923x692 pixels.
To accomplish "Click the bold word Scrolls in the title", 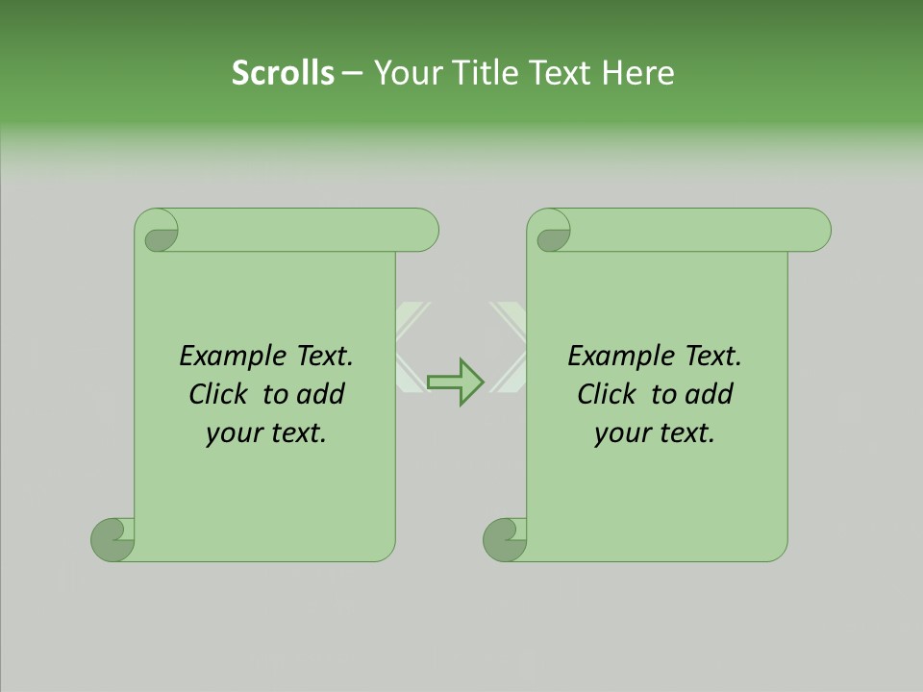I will pyautogui.click(x=283, y=73).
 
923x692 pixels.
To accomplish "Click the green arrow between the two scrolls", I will pyautogui.click(x=456, y=382).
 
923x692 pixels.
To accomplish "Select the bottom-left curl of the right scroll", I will pyautogui.click(x=506, y=538).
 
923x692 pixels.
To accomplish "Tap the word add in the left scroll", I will pyautogui.click(x=321, y=394).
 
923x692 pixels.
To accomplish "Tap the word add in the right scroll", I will pyautogui.click(x=710, y=394).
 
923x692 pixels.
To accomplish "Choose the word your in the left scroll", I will pyautogui.click(x=232, y=433).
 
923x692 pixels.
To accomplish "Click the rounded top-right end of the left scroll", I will pyautogui.click(x=424, y=230).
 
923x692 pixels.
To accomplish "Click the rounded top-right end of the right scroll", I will pyautogui.click(x=816, y=230).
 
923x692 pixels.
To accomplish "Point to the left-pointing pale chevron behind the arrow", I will pyautogui.click(x=411, y=347).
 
